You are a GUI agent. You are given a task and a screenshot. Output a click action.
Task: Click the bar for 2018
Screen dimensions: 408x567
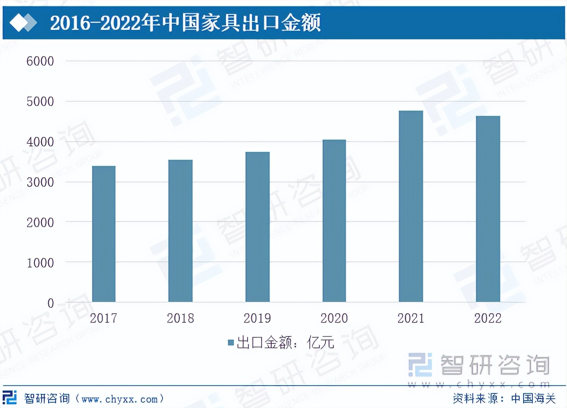[181, 231]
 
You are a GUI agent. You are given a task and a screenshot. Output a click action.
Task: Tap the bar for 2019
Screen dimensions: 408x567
[257, 227]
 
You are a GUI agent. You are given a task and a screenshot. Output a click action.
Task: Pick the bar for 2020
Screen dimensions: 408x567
[334, 221]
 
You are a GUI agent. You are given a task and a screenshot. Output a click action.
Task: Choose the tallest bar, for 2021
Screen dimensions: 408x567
[411, 206]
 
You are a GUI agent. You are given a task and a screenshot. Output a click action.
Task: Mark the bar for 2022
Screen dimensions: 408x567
[488, 209]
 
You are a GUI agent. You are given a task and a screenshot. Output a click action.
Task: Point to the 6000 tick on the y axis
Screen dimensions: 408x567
[40, 61]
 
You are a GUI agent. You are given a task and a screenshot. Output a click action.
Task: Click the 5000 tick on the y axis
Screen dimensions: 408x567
[40, 101]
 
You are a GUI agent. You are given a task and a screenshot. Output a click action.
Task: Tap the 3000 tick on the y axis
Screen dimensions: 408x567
[40, 182]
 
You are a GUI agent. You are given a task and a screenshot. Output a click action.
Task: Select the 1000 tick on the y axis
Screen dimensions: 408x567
[40, 263]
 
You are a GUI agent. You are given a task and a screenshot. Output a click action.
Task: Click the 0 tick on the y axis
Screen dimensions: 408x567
[50, 303]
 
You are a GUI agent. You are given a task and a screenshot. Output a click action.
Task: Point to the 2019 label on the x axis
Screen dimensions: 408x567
[257, 318]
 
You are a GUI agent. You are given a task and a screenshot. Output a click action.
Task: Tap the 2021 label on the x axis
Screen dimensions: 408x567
[411, 318]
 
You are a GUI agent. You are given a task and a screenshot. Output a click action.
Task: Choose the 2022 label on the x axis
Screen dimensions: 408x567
[488, 318]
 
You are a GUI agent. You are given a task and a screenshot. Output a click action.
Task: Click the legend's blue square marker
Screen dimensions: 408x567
[231, 343]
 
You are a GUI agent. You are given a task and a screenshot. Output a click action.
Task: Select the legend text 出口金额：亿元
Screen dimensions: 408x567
[285, 343]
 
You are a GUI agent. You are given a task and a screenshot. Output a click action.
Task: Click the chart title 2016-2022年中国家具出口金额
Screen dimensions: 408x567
[185, 23]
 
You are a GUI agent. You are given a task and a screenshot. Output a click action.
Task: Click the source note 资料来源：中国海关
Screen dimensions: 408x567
[504, 398]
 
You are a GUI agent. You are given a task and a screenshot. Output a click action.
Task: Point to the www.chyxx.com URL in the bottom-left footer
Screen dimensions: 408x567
[120, 399]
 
